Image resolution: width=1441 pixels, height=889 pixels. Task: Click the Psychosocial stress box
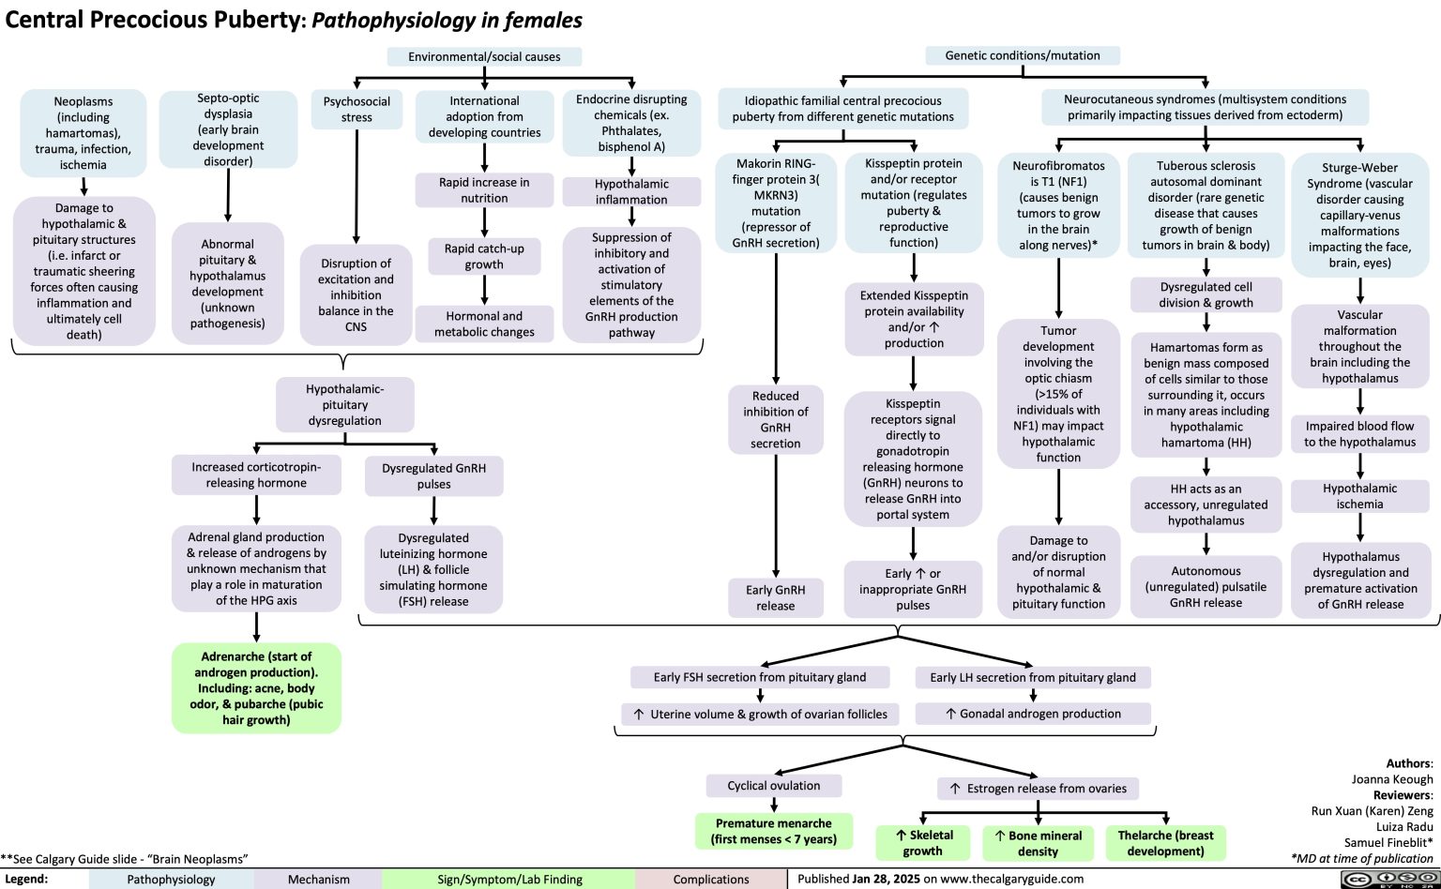coord(356,109)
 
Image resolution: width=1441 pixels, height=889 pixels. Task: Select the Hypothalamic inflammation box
coord(631,191)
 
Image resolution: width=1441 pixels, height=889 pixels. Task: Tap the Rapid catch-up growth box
coord(484,256)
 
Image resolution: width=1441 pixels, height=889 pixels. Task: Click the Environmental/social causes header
coord(484,56)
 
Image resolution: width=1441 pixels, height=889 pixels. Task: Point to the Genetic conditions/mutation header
coord(1023,55)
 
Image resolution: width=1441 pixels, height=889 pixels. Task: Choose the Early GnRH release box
coord(776,597)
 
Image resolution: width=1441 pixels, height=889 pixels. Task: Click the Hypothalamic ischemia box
coord(1359,496)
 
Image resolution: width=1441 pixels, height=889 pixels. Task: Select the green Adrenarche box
coord(256,687)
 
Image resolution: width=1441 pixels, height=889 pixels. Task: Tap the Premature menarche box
coord(774,831)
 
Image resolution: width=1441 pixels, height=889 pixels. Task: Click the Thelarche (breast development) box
coord(1165,842)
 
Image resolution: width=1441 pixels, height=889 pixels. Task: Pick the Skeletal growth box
coord(923,842)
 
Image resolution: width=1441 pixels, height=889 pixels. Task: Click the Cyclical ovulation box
coord(774,786)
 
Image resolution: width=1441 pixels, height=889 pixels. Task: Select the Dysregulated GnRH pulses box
coord(433,475)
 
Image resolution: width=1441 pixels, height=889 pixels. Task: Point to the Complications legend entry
coord(711,880)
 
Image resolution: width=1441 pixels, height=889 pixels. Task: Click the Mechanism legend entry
coord(318,880)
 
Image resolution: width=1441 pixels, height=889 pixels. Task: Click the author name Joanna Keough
coord(1391,778)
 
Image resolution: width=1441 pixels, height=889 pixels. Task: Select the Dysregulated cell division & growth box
coord(1206,294)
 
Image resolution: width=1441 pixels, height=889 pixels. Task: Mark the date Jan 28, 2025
coord(889,879)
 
